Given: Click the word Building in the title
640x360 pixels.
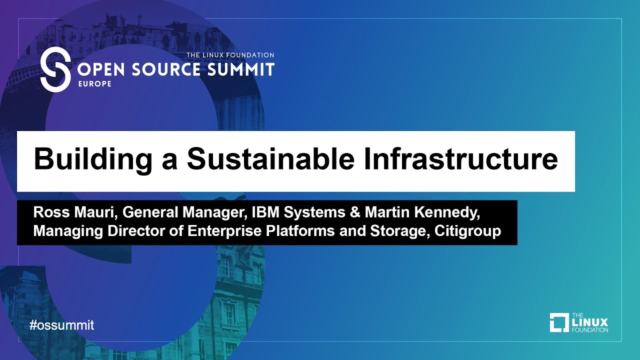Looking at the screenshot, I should coord(93,159).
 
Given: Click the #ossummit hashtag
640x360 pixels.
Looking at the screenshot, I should coord(62,325).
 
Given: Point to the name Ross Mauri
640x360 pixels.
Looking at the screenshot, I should coord(73,212).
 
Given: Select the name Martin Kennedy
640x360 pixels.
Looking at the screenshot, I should coord(422,212).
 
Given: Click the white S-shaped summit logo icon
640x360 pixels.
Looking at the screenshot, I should coord(55,69).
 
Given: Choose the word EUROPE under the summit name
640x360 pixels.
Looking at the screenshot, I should coord(94,84).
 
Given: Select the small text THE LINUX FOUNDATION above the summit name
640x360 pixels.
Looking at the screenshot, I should coord(230,55).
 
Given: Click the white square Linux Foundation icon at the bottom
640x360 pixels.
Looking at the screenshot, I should coord(559,322).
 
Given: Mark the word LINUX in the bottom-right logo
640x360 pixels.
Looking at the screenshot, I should coord(589,322).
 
